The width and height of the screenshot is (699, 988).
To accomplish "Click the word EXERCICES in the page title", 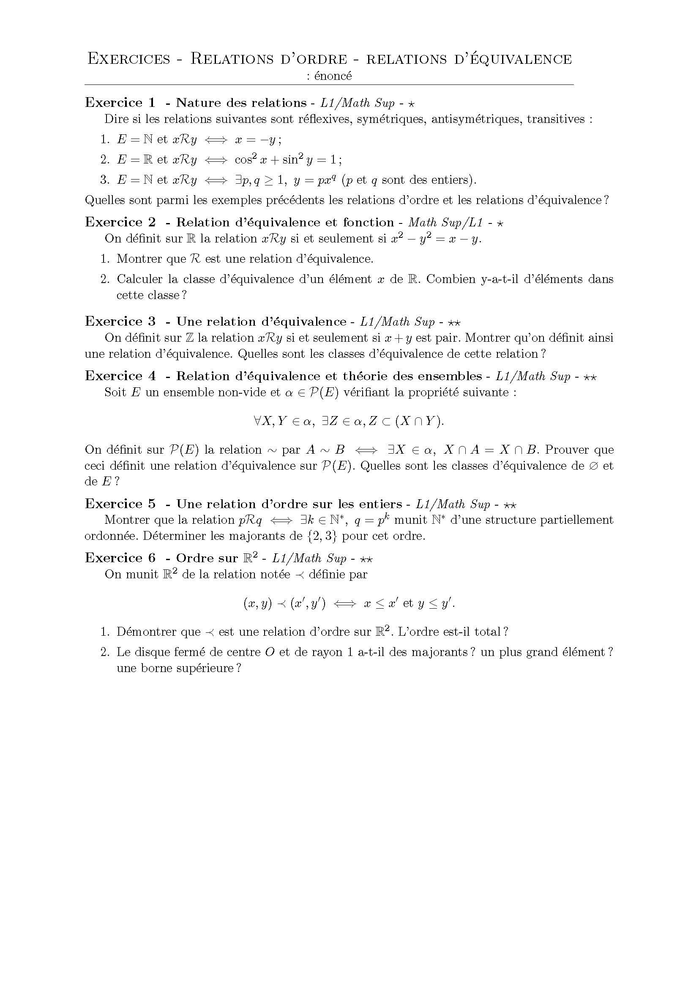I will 129,59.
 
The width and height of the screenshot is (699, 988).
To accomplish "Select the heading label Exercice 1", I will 120,103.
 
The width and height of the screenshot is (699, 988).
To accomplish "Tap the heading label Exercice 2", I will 120,223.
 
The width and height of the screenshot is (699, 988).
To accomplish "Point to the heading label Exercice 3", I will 120,321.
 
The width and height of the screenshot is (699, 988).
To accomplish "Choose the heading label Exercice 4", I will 120,376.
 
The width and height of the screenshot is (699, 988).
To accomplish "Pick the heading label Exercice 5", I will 120,504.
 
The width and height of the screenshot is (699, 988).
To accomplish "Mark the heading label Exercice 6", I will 120,558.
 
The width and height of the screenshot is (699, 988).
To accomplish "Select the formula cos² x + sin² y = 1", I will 286,160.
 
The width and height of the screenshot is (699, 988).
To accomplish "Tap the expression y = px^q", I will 314,180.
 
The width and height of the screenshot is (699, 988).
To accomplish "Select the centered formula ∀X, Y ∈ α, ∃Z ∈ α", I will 349,421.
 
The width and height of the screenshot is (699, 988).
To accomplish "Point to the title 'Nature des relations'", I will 241,103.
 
